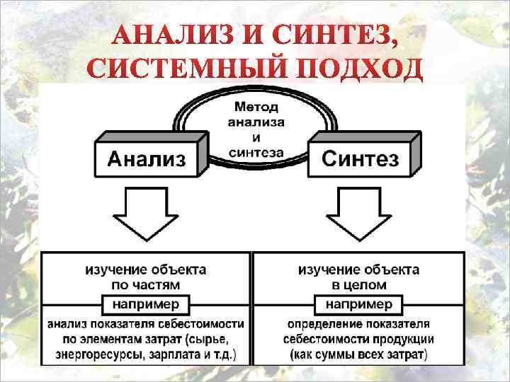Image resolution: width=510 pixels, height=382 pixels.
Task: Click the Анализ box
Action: (x=147, y=158)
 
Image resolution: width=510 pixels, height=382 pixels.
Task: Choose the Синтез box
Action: (x=360, y=158)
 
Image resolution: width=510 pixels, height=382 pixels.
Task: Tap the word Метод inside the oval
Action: (x=256, y=108)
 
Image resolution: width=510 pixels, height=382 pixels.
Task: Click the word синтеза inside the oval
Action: (x=256, y=151)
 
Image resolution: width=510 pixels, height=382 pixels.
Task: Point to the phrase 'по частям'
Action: (x=147, y=284)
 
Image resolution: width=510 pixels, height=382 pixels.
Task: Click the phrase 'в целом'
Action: (x=358, y=284)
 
